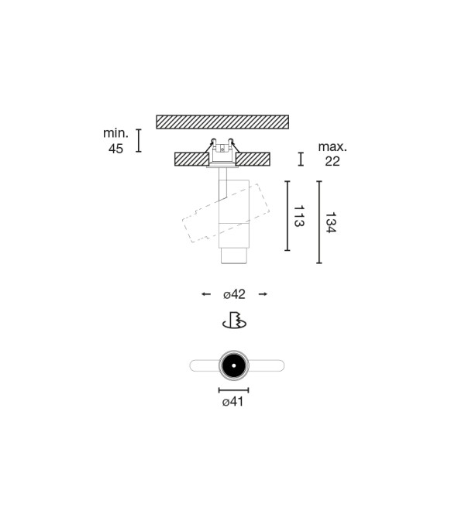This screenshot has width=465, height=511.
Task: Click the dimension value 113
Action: pos(299,216)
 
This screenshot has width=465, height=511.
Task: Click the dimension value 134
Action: pos(331,222)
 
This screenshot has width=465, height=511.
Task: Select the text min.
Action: pos(115,133)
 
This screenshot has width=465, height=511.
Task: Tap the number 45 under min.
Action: pos(115,149)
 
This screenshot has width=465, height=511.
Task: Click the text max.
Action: pos(332,146)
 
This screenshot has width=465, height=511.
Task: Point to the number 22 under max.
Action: pos(332,161)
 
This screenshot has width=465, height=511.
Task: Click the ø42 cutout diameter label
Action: pos(234,294)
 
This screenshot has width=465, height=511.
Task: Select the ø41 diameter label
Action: pos(233,402)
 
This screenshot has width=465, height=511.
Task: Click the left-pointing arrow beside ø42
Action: pos(206,294)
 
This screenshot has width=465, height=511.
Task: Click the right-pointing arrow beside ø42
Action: pos(263,294)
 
